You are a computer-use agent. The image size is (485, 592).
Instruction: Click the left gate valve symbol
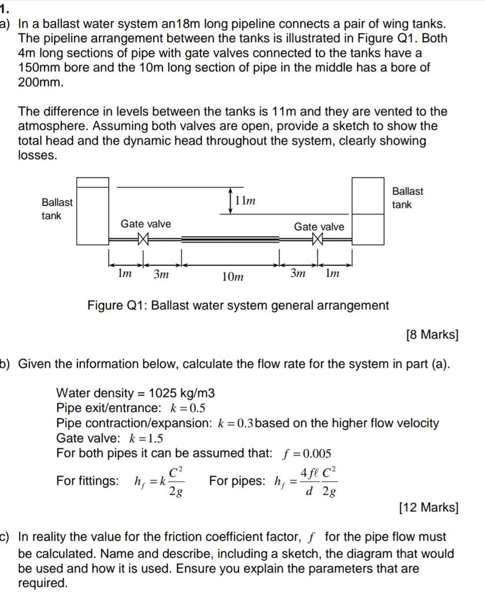144,238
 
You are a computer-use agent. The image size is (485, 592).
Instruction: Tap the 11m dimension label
246,201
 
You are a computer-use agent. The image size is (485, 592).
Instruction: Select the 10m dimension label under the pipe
232,277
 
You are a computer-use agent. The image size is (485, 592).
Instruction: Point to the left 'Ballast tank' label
57,209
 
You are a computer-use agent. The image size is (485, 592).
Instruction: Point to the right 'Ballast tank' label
408,198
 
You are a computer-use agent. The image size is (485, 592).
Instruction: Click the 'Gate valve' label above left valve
146,224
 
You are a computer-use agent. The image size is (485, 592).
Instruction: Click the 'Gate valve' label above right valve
319,227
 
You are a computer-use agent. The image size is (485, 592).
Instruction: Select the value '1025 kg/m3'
182,393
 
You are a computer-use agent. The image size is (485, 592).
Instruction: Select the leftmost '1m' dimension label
123,274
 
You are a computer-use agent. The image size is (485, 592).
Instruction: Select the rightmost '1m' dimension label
332,273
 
